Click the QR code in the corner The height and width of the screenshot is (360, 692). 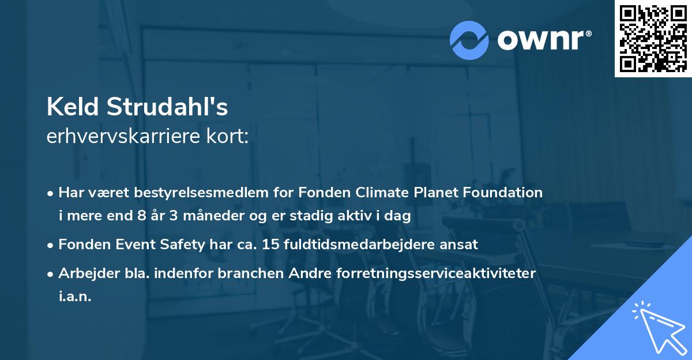click(x=653, y=39)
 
